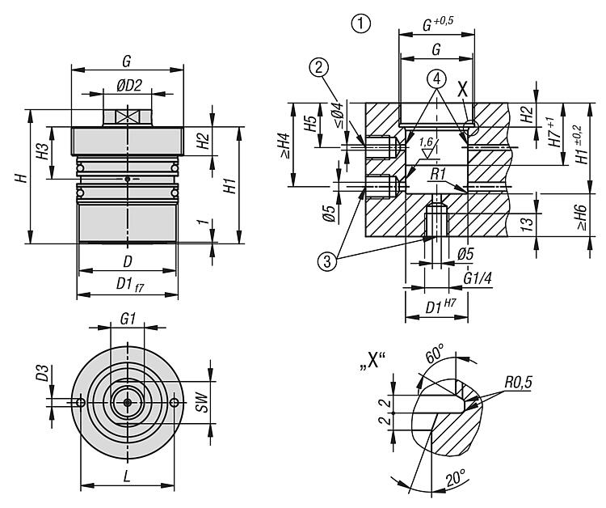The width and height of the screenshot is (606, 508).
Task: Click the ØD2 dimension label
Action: pyautogui.click(x=128, y=85)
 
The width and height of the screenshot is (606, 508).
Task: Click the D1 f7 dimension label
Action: pyautogui.click(x=128, y=284)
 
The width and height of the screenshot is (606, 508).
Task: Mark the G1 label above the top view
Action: pyautogui.click(x=127, y=320)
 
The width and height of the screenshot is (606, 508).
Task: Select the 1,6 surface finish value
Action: pyautogui.click(x=426, y=142)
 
